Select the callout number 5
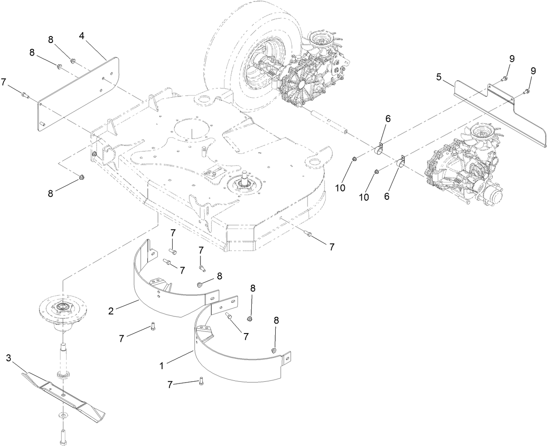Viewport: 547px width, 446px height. (439, 78)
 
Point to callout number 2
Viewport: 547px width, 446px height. (111, 311)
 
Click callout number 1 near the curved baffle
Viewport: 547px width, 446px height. (162, 366)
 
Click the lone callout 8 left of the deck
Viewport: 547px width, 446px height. (50, 193)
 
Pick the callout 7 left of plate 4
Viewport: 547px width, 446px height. (4, 81)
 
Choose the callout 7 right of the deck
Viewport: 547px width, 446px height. (331, 247)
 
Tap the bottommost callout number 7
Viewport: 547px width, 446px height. (170, 384)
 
